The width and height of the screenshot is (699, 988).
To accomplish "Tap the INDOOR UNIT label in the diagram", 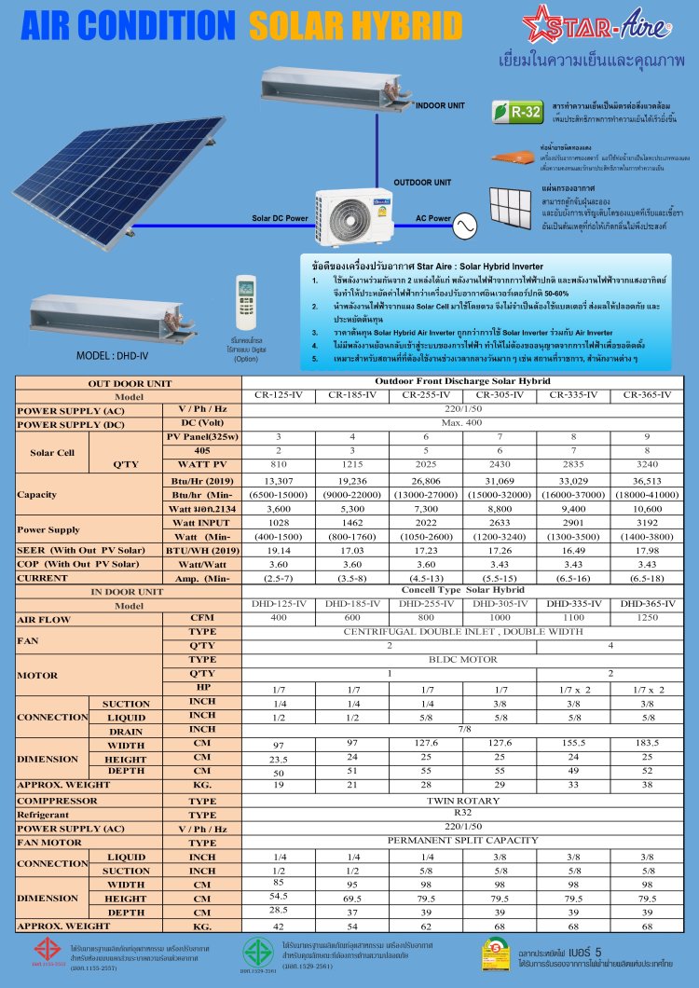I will (440, 106).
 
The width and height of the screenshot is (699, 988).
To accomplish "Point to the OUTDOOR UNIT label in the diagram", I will (422, 183).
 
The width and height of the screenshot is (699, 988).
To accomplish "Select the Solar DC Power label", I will (280, 219).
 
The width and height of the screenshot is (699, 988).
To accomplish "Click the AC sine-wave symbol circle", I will (464, 224).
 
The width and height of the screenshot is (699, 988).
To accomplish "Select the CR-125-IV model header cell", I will (278, 395).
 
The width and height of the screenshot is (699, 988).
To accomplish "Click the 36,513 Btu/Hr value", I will (646, 480).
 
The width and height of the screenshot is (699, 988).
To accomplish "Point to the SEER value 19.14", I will (278, 550).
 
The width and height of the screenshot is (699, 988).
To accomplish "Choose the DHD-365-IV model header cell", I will (646, 604).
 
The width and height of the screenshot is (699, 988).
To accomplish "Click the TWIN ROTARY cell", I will (457, 801).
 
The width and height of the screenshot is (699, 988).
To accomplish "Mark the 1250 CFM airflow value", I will (646, 618).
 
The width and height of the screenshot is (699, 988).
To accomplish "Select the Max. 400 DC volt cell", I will (457, 423).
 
